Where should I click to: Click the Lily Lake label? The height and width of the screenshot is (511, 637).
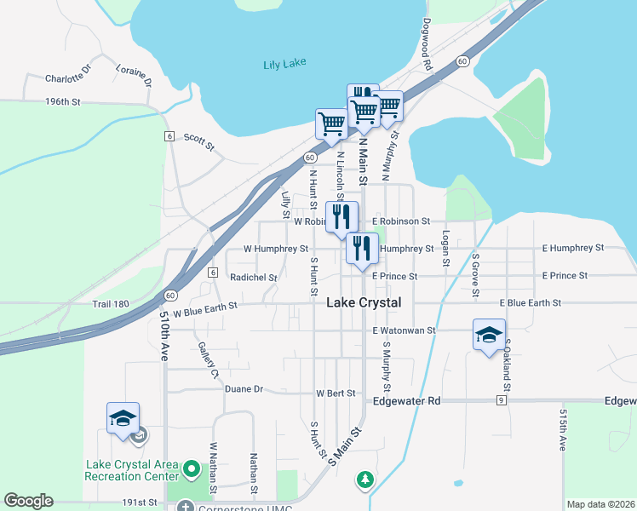pyautogui.click(x=284, y=64)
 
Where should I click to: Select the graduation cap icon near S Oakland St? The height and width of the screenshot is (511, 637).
pyautogui.click(x=490, y=335)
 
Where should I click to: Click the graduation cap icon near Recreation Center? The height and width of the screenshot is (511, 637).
pyautogui.click(x=123, y=418)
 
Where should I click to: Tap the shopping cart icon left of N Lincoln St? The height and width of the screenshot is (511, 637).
pyautogui.click(x=330, y=123)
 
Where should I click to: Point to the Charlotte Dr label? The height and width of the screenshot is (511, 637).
pyautogui.click(x=67, y=77)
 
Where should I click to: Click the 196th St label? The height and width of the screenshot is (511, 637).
pyautogui.click(x=62, y=102)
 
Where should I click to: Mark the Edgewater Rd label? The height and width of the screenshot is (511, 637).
pyautogui.click(x=405, y=400)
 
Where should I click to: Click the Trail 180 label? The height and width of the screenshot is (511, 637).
pyautogui.click(x=111, y=304)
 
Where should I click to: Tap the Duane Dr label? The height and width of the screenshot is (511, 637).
pyautogui.click(x=244, y=389)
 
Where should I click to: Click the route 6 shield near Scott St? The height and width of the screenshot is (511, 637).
pyautogui.click(x=169, y=136)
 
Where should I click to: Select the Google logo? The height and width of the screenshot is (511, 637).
pyautogui.click(x=28, y=501)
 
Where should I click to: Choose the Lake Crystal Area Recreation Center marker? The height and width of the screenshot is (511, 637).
pyautogui.click(x=192, y=468)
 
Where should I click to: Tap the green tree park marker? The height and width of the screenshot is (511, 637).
pyautogui.click(x=365, y=479)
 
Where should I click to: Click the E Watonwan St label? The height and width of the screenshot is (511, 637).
pyautogui.click(x=404, y=330)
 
